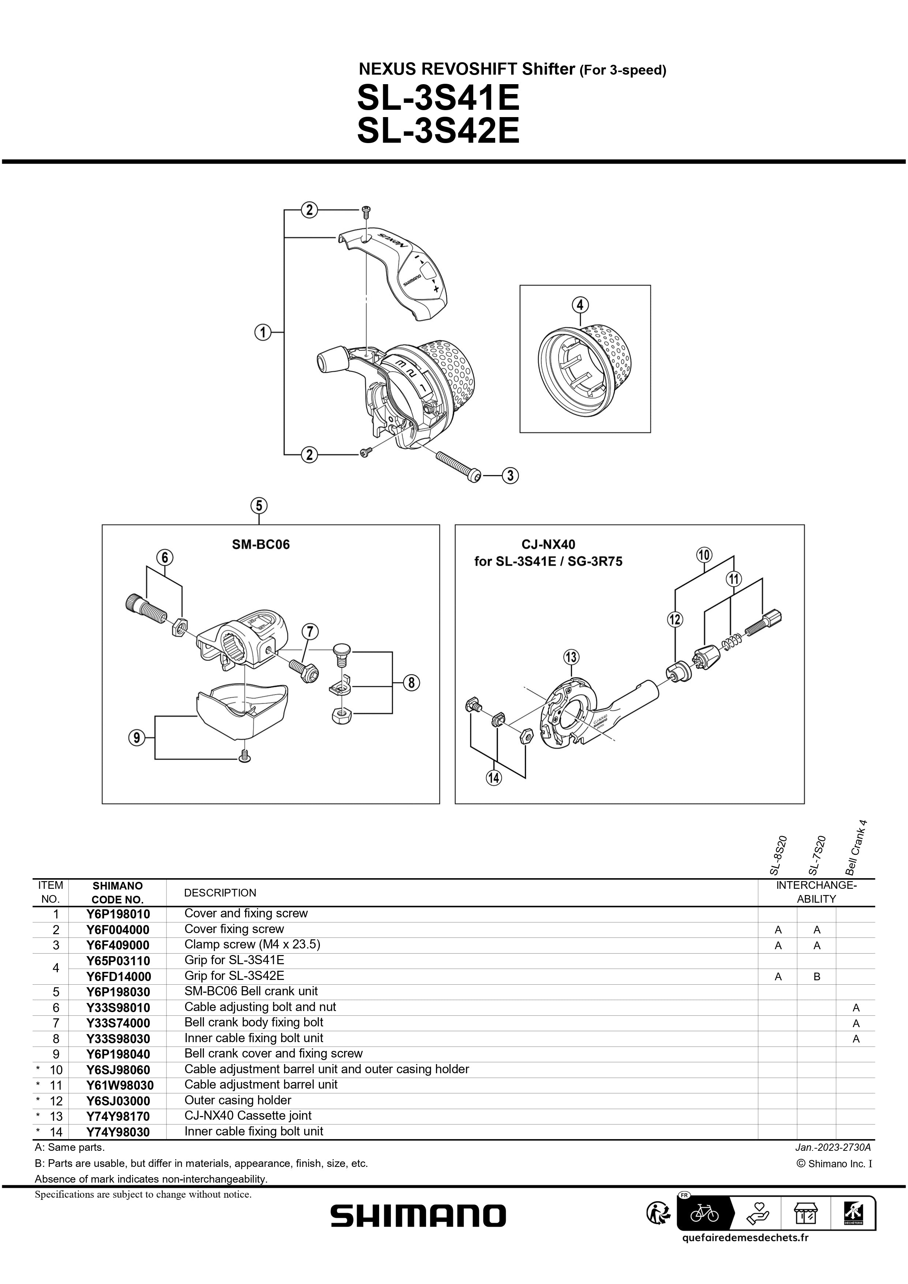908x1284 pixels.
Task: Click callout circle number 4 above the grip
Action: tap(580, 305)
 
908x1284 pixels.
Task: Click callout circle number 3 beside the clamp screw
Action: tap(510, 476)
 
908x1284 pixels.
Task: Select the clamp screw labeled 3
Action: tap(456, 464)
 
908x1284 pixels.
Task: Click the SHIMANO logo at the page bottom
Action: tap(418, 1216)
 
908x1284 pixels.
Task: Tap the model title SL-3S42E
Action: tap(438, 131)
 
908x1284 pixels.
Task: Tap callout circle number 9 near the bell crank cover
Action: tap(137, 738)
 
